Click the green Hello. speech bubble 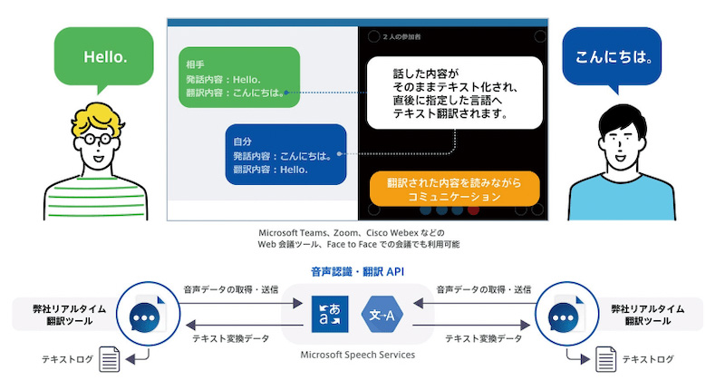[x=105, y=57]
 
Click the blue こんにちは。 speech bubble [x=614, y=57]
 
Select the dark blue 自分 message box [x=285, y=155]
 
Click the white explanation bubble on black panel [x=454, y=92]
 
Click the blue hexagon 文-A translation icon [x=383, y=315]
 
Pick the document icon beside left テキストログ [x=111, y=360]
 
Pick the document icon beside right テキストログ [x=604, y=360]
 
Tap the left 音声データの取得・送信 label [x=230, y=290]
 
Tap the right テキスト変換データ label [x=484, y=338]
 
